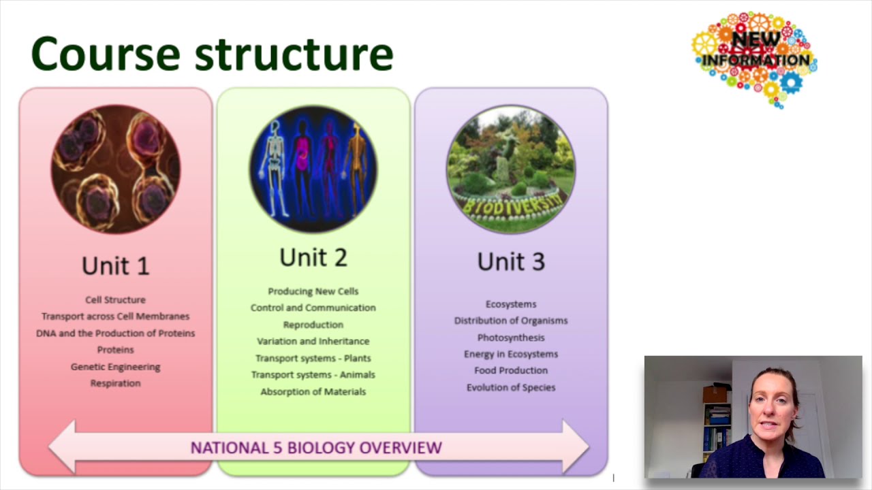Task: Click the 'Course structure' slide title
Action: [212, 54]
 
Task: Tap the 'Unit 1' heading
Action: [115, 265]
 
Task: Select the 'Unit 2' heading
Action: [313, 257]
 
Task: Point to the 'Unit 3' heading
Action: [511, 261]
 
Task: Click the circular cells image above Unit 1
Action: [116, 169]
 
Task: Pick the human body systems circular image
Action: [313, 169]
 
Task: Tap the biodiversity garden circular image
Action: [511, 169]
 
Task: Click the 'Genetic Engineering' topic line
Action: [115, 366]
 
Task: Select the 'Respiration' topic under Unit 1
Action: [115, 383]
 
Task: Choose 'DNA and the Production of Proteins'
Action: [115, 333]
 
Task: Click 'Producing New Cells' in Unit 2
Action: [313, 291]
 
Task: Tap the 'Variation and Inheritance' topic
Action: [313, 341]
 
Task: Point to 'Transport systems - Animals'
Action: [313, 374]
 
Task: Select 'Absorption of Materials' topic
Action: [313, 391]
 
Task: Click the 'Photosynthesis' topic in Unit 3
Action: [511, 338]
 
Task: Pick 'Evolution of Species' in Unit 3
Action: [511, 387]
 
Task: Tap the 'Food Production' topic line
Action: [511, 370]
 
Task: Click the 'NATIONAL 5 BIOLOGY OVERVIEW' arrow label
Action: [316, 448]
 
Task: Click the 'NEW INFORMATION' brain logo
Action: [755, 59]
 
